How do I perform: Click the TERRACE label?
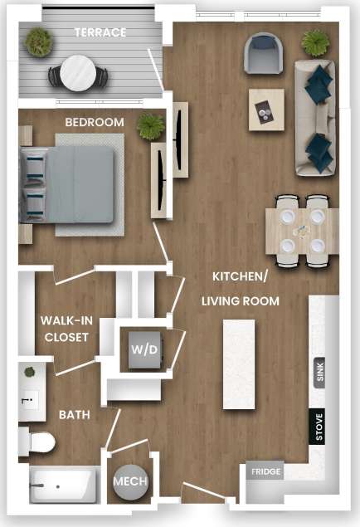point(100,32)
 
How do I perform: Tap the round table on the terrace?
point(77,72)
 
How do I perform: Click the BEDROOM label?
point(95,122)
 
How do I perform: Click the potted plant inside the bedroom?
point(151,126)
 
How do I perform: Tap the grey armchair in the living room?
point(264,53)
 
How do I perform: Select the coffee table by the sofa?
point(266,110)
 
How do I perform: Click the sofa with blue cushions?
point(315,116)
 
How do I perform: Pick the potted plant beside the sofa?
point(315,41)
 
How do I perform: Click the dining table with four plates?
point(302,230)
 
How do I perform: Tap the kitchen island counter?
point(238,364)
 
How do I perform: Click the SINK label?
point(320,371)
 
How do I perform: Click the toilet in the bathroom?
point(37,441)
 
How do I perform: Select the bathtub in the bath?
point(63,484)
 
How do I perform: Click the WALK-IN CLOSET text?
point(65,329)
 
